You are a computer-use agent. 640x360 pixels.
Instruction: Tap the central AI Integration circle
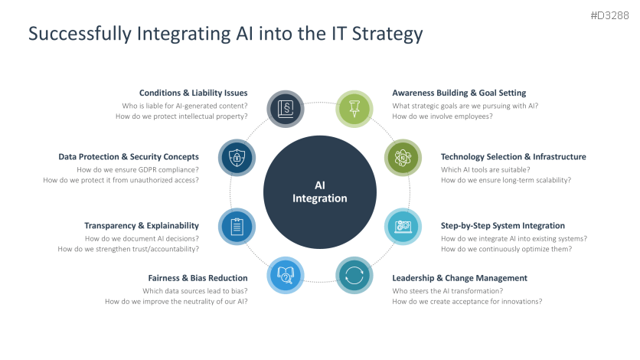[x=320, y=191]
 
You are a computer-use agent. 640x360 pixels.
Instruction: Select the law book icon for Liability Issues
[x=285, y=108]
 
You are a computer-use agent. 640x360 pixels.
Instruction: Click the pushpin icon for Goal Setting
[x=354, y=108]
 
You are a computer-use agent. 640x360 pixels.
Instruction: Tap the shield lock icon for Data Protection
[x=237, y=157]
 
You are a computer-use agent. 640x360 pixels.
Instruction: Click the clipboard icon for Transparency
[x=237, y=226]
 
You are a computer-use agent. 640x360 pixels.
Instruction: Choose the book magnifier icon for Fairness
[x=286, y=275]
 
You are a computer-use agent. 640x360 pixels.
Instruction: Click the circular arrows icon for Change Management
[x=354, y=275]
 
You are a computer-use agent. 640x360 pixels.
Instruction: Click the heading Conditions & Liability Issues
[x=193, y=93]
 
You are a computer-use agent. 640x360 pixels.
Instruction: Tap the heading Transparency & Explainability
[x=142, y=225]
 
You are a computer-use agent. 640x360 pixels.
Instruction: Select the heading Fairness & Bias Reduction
[x=198, y=277]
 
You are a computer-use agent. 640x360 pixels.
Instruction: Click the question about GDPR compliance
[x=138, y=169]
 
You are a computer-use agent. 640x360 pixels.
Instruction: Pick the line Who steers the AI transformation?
[x=447, y=290]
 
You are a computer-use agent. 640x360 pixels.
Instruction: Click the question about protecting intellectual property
[x=181, y=116]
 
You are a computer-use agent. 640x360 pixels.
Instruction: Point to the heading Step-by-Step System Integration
[x=502, y=225]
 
